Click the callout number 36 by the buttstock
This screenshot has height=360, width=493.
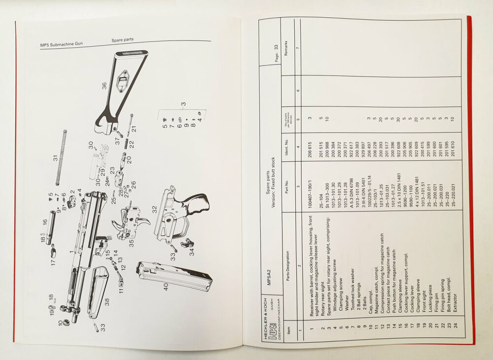[x=104, y=85]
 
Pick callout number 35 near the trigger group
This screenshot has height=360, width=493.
[x=131, y=242]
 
